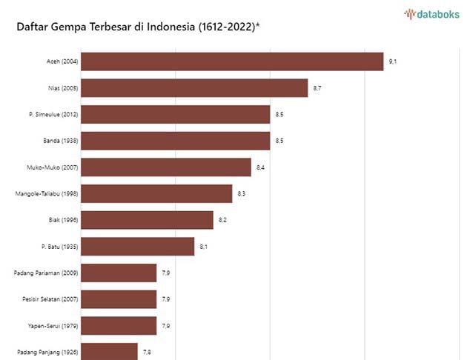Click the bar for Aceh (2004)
[x=231, y=61]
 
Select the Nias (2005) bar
[x=193, y=88]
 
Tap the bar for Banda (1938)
[x=175, y=141]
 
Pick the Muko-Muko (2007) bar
[x=165, y=167]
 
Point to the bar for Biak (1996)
[x=147, y=220]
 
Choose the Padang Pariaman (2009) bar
[x=118, y=273]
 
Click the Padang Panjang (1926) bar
[x=109, y=351]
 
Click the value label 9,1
[x=392, y=62]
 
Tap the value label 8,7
[x=317, y=89]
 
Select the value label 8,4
[x=260, y=168]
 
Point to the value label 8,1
[x=203, y=247]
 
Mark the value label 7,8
[x=147, y=352]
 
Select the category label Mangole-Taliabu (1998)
[x=47, y=193]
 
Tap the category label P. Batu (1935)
[x=60, y=246]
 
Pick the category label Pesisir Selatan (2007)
[x=50, y=299]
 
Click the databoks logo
[x=431, y=13]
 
